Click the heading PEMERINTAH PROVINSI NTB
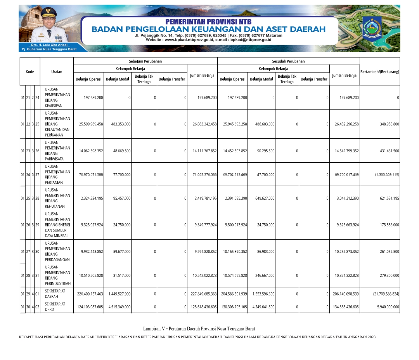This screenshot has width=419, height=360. point(208,22)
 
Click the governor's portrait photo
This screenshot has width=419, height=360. point(48,27)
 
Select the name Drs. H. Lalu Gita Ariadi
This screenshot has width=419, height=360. point(49,45)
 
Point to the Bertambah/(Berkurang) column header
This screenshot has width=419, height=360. point(380,71)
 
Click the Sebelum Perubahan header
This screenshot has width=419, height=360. point(145,61)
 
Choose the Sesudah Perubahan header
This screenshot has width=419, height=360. point(288,61)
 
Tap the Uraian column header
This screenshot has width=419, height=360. point(57,71)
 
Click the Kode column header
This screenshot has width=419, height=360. point(30,71)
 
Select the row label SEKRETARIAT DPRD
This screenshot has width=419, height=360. point(55,306)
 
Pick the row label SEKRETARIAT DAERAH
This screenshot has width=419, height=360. point(55,294)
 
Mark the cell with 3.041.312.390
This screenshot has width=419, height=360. point(347,198)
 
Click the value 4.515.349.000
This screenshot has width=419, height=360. point(119,307)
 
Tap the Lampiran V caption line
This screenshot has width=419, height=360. point(199,329)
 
